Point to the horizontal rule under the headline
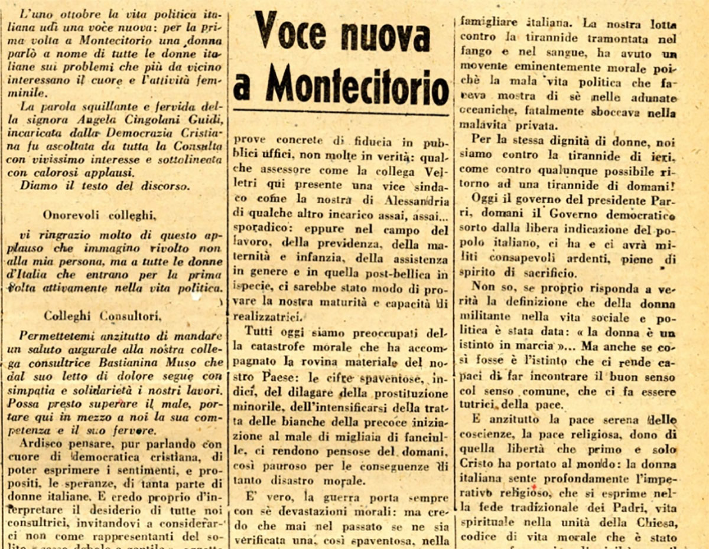pos(341,111)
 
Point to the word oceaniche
pos(485,110)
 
